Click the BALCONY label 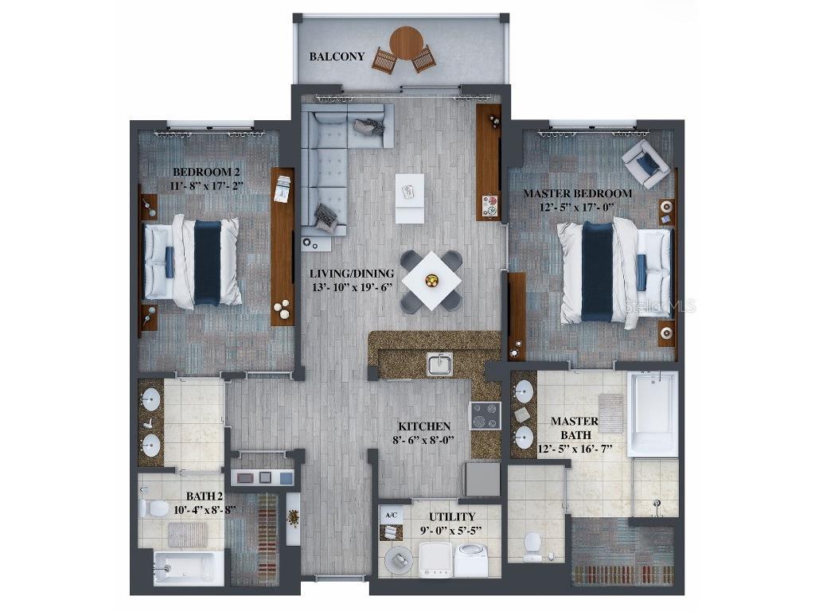click(337, 56)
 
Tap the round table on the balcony click(407, 42)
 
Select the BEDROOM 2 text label click(205, 172)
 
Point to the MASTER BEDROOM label click(578, 193)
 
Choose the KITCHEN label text click(424, 426)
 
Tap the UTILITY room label click(452, 516)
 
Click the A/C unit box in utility click(391, 516)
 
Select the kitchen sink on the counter click(439, 364)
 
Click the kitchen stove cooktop click(485, 415)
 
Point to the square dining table click(431, 280)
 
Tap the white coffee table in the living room click(409, 198)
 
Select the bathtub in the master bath click(652, 413)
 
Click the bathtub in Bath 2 click(188, 568)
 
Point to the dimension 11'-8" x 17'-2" click(205, 185)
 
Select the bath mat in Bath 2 click(188, 534)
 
